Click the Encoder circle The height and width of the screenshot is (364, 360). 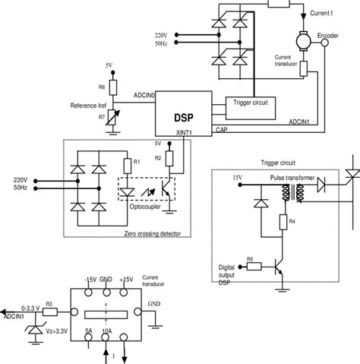pyautogui.click(x=324, y=44)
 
